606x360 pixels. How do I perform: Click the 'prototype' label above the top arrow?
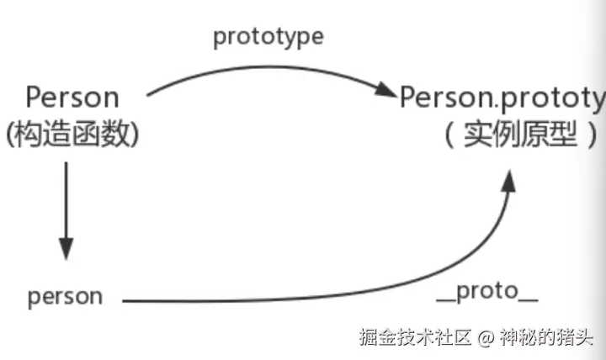tap(268, 37)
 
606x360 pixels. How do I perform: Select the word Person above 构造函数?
tap(72, 98)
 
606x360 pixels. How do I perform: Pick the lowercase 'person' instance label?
tap(65, 296)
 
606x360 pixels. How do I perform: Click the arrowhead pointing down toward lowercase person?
tap(66, 250)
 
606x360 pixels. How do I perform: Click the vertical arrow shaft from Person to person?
tap(66, 202)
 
